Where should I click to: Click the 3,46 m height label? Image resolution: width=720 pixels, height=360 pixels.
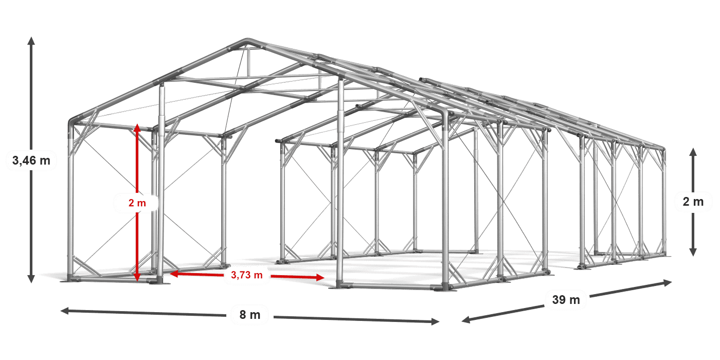tap(31, 160)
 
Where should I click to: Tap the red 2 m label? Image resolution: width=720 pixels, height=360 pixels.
tap(137, 203)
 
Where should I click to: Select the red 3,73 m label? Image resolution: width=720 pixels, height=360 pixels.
tap(247, 275)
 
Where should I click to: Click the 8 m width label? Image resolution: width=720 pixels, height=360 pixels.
tap(250, 315)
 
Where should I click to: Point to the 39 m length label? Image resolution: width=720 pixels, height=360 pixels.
tap(566, 299)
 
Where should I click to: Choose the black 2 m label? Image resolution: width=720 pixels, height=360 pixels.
tap(693, 202)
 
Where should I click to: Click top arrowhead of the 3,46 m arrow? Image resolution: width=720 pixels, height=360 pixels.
tap(31, 41)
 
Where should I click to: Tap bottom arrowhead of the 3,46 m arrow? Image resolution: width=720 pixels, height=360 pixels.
tap(31, 279)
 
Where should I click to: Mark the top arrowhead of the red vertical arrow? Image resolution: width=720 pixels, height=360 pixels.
tap(137, 128)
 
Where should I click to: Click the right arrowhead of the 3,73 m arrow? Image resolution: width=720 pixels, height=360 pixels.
tap(320, 277)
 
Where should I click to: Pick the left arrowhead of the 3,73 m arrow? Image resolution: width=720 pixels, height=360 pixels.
tap(174, 274)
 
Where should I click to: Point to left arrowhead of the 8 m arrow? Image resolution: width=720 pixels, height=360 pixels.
tap(65, 311)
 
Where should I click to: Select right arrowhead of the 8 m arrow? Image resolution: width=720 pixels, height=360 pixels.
tap(435, 321)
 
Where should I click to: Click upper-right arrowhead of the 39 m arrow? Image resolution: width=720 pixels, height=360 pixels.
tap(668, 282)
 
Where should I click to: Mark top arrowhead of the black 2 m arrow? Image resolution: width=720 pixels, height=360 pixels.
tap(693, 152)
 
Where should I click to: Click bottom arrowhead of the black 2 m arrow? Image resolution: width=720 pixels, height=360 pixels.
tap(693, 252)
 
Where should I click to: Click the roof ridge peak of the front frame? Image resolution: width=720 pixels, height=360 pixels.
tap(247, 41)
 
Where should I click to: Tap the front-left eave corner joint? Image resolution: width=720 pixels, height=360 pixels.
tap(72, 122)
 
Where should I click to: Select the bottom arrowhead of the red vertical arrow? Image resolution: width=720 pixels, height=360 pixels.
tap(137, 277)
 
